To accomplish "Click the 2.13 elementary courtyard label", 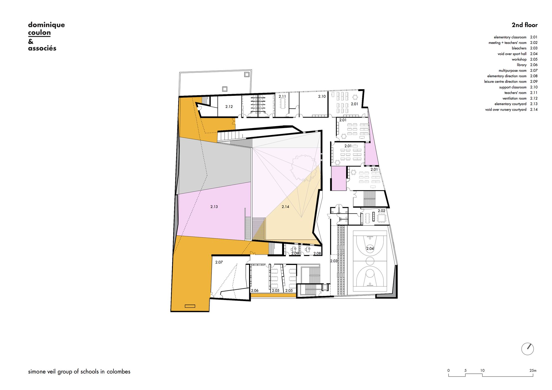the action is tap(214, 206).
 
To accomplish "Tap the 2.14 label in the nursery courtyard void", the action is tap(285, 206).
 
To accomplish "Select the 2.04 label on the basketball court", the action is tap(370, 248).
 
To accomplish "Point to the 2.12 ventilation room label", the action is tap(229, 107).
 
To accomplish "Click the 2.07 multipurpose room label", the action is tap(219, 262).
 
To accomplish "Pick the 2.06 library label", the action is tap(255, 290).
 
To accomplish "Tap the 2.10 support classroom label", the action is tap(322, 96).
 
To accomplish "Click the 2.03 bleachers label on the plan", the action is tap(334, 261).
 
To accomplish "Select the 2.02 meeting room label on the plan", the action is tap(381, 211).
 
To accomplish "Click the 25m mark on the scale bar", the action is tap(533, 370).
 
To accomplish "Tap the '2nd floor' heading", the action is tap(525, 25).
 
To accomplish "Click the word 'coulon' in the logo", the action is tap(39, 33).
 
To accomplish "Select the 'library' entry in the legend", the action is tap(522, 65).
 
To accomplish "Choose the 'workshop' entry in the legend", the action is tap(519, 59).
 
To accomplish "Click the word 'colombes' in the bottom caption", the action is tap(118, 372).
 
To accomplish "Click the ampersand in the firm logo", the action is tap(31, 42).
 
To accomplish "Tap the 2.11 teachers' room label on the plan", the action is tap(282, 96).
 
